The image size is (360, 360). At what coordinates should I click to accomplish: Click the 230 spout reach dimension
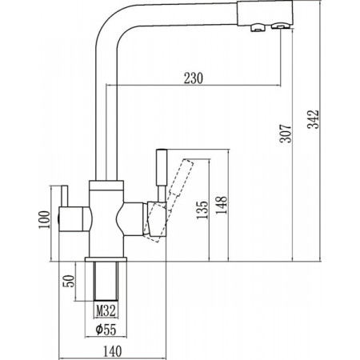pos(194,78)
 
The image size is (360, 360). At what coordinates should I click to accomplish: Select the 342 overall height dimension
pos(313,119)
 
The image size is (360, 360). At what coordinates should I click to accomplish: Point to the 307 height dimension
pos(286,133)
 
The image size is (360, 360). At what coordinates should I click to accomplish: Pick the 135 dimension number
pos(202,210)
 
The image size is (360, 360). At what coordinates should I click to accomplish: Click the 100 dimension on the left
pos(44,219)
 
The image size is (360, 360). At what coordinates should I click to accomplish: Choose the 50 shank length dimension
pos(69,281)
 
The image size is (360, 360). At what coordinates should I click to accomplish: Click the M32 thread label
pos(106,310)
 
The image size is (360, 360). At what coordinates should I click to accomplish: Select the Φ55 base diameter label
pos(106,330)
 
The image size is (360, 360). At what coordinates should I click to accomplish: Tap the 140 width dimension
pos(112,351)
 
